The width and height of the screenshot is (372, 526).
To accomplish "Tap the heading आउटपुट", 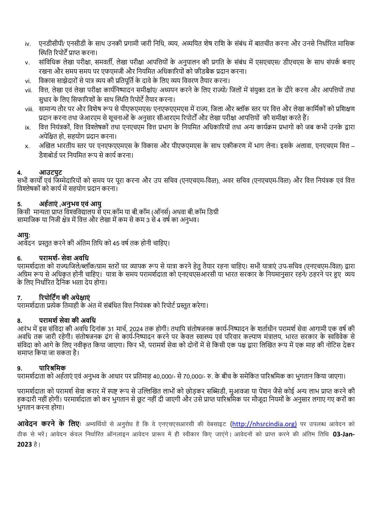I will pyautogui.click(x=50, y=172).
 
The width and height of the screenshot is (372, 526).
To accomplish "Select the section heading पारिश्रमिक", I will pyautogui.click(x=52, y=368).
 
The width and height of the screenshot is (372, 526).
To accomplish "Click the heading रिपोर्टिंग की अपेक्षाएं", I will pyautogui.click(x=64, y=298).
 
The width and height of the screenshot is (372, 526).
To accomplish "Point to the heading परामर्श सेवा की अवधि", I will pyautogui.click(x=67, y=320).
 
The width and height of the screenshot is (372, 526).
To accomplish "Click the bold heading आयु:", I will pyautogui.click(x=24, y=235).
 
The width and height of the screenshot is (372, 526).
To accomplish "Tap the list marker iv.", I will pyautogui.click(x=28, y=44).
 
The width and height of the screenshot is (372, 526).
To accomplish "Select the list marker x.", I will pyautogui.click(x=27, y=146).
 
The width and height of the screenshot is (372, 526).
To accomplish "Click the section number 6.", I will pyautogui.click(x=19, y=258).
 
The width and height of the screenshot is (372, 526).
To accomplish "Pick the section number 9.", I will pyautogui.click(x=19, y=368).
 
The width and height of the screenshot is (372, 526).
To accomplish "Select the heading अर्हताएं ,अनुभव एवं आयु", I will pyautogui.click(x=70, y=204).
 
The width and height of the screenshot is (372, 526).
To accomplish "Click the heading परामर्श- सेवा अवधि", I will pyautogui.click(x=64, y=258).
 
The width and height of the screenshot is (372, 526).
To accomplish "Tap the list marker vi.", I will pyautogui.click(x=28, y=81).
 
